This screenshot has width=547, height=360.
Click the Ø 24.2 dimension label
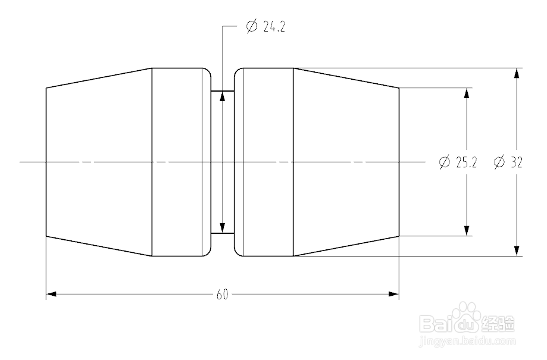click(x=265, y=27)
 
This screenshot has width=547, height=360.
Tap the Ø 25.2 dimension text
click(x=458, y=162)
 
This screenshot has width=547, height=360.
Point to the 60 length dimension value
click(x=223, y=294)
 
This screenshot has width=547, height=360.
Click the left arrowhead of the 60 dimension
click(x=51, y=294)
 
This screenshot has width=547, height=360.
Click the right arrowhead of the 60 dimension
click(x=393, y=294)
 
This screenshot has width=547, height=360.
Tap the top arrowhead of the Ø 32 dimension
click(x=517, y=74)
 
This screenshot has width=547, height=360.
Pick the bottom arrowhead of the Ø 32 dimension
click(x=517, y=251)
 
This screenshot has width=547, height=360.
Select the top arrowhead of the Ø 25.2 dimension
click(x=467, y=93)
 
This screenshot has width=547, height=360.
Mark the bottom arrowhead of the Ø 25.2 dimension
click(x=467, y=230)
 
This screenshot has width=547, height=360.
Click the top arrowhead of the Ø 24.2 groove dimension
click(x=223, y=96)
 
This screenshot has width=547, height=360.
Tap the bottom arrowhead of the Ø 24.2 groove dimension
click(x=223, y=228)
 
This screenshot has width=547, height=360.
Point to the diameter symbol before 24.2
click(x=251, y=27)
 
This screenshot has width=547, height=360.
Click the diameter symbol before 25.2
click(x=444, y=162)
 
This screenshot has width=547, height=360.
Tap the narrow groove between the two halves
click(x=223, y=162)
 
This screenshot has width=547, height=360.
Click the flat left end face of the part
click(x=46, y=162)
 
